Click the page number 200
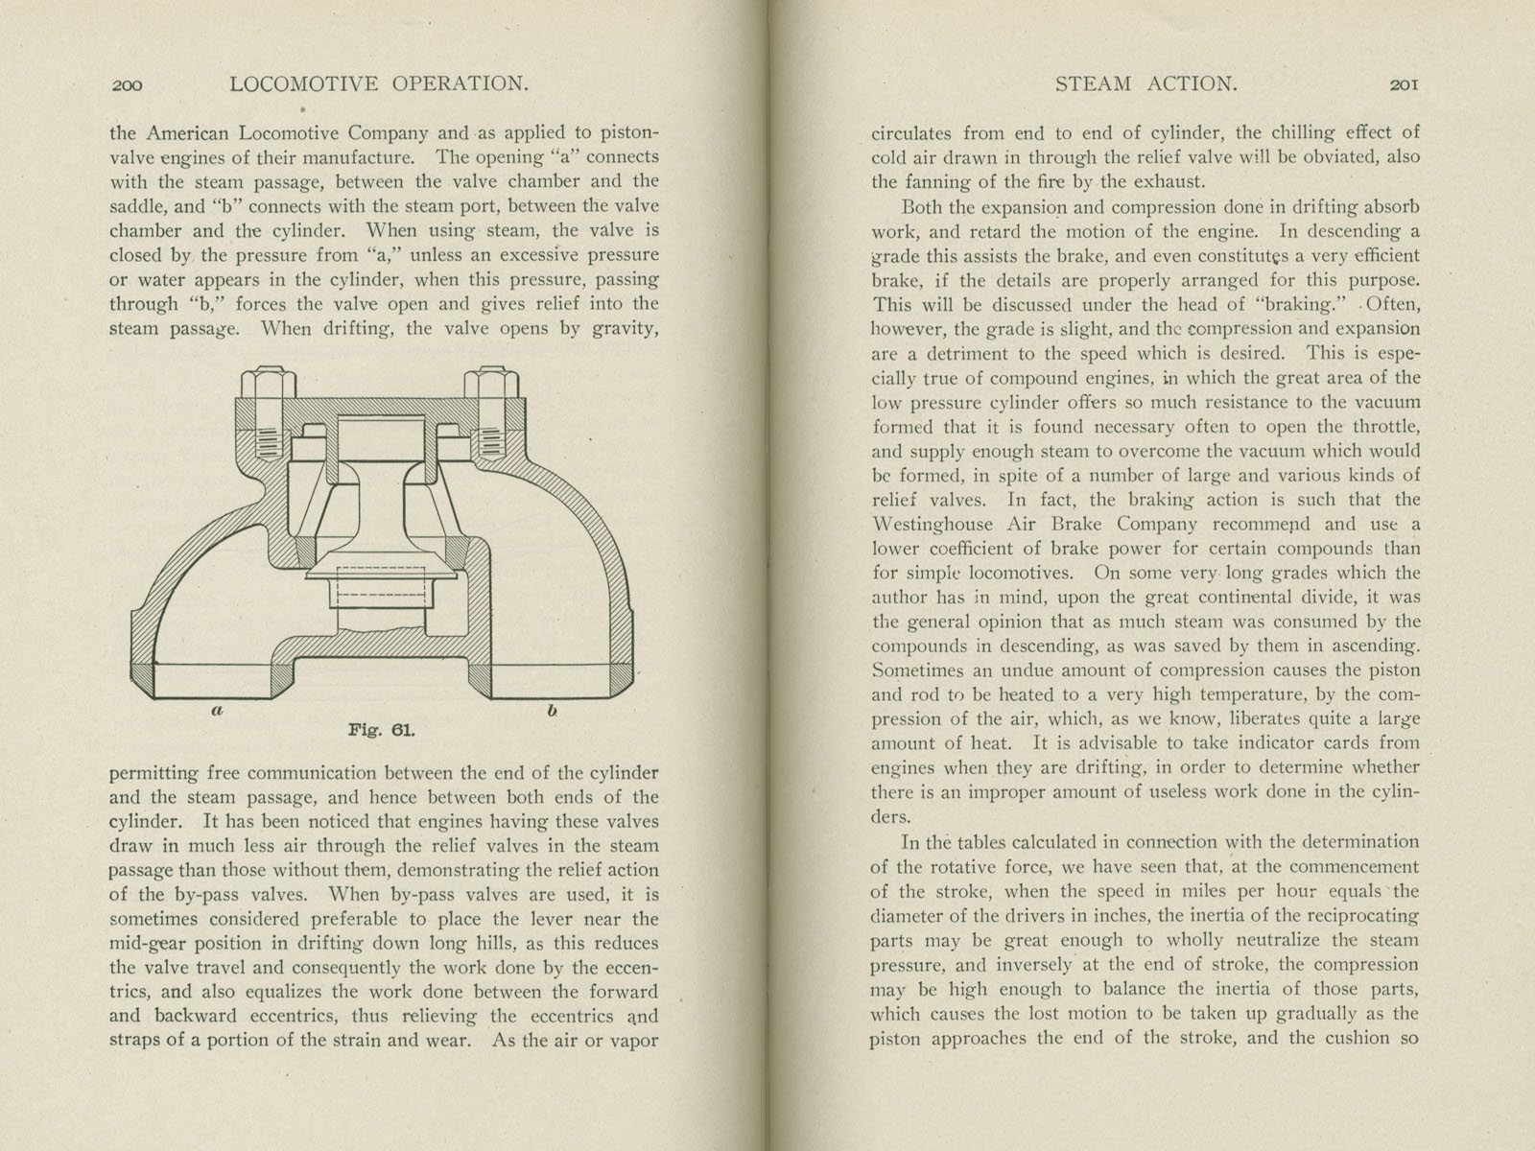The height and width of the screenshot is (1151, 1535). [127, 85]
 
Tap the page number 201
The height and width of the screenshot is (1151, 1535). [1404, 84]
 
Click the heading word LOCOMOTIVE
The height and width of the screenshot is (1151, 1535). [306, 84]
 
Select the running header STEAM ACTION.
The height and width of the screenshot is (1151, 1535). [1146, 84]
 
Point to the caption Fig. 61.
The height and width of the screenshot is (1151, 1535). [381, 730]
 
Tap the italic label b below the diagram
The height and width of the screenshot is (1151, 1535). [552, 712]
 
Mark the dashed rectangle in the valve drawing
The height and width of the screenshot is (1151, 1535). [380, 588]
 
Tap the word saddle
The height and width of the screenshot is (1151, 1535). [139, 206]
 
